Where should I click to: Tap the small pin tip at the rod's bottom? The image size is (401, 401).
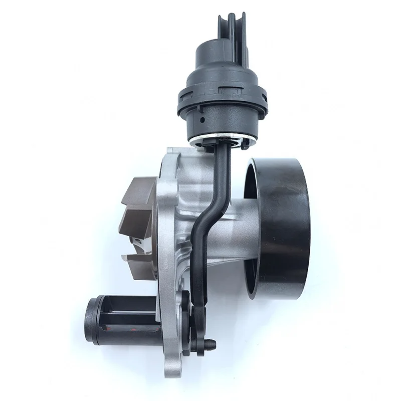click(214, 344)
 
